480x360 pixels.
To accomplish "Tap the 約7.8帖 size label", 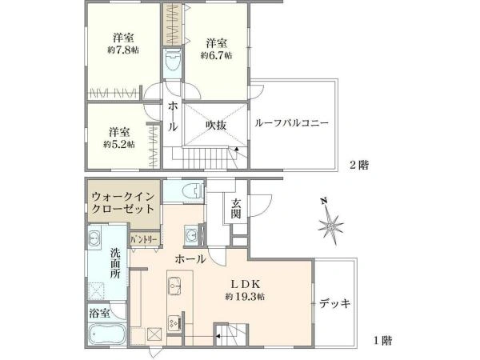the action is [x=123, y=50].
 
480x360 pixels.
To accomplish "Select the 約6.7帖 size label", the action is [x=216, y=55].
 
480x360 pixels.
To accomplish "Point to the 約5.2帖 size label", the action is [x=118, y=144].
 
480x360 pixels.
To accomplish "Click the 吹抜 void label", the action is [x=216, y=126].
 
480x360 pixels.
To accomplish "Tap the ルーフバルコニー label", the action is [x=291, y=123].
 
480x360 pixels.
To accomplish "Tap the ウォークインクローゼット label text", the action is [x=122, y=202].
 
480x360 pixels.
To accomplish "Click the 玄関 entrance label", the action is [x=236, y=208].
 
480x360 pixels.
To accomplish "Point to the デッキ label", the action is [x=334, y=304].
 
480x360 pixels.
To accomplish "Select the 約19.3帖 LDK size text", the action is [x=245, y=297].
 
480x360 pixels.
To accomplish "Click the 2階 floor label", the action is [x=359, y=166].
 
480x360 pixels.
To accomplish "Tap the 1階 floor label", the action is [x=382, y=341].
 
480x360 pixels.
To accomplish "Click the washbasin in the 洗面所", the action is [x=94, y=238].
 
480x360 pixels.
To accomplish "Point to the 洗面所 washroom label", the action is [x=115, y=263].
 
